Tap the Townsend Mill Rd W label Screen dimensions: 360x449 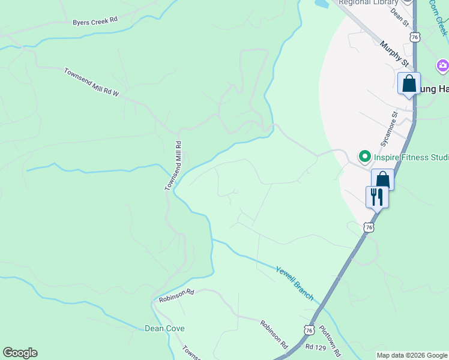coord(92,82)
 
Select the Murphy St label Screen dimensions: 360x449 coord(394,53)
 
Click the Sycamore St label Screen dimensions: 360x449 coord(389,128)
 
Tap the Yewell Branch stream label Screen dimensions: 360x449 coord(295,283)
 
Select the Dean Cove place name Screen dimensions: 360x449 coord(164,328)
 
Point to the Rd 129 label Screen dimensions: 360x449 coord(315,347)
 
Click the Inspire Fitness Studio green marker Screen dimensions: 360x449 coord(364,157)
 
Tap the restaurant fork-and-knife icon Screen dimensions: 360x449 coord(377,196)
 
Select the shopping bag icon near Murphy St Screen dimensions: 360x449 coord(409,83)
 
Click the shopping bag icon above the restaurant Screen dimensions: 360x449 coord(382,179)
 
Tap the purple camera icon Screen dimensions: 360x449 coord(443,65)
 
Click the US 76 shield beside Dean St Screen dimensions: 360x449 coord(415,37)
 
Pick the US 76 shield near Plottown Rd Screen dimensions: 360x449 coord(309,330)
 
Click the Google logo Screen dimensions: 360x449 coord(20,353)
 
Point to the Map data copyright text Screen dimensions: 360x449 coord(411,355)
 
